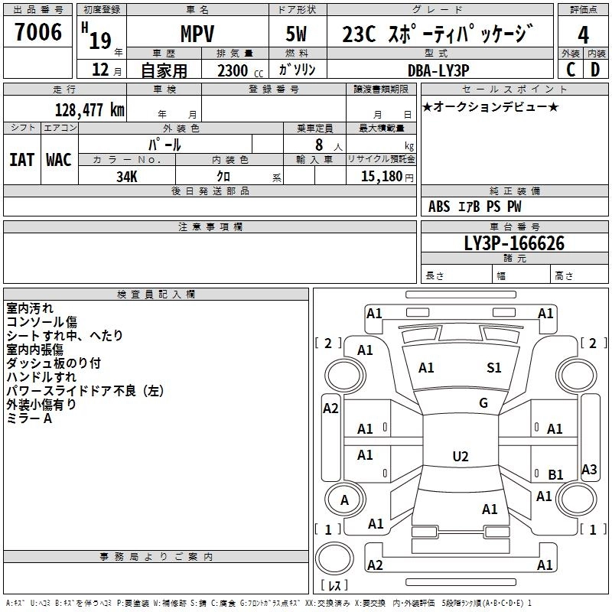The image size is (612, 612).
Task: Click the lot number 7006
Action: (38, 33)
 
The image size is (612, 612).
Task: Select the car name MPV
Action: (197, 35)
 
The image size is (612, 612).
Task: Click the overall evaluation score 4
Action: (583, 35)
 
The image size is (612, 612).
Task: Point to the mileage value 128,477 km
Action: (90, 109)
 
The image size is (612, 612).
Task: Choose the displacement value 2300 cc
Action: (236, 70)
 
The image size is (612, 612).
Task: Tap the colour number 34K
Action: (127, 176)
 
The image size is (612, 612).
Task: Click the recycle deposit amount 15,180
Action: (381, 177)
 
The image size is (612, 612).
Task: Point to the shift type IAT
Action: (21, 159)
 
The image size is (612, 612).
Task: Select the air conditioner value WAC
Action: (59, 159)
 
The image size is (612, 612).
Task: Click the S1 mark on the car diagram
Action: (494, 368)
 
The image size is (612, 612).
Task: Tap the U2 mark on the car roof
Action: (460, 456)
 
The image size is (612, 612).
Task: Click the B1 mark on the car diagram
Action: (556, 475)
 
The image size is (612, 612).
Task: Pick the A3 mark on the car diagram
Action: (589, 469)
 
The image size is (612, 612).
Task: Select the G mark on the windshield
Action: (483, 403)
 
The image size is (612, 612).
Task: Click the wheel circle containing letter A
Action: (344, 500)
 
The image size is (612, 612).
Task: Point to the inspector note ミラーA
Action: (29, 418)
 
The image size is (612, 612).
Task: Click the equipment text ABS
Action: (439, 207)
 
